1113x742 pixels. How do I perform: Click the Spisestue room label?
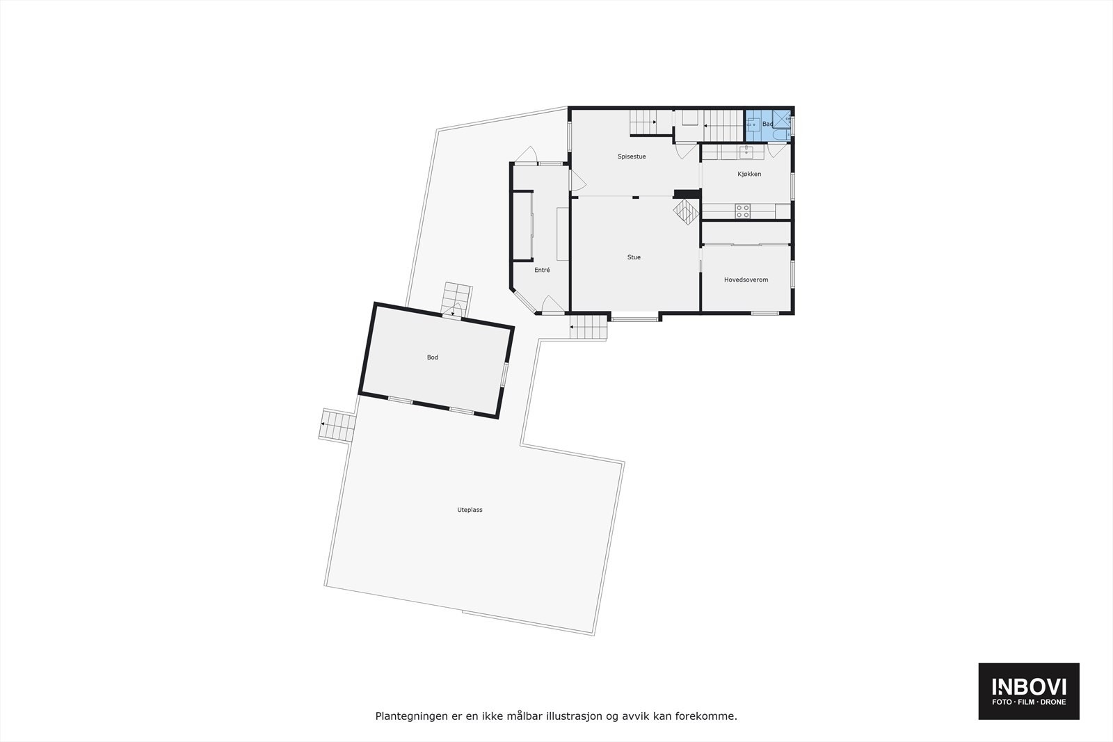click(632, 156)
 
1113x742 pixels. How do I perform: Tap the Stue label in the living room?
click(634, 257)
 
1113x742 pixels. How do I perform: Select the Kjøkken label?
click(749, 174)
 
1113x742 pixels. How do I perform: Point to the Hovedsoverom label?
click(746, 280)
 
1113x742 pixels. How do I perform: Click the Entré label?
click(542, 270)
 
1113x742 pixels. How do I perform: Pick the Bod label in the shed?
click(433, 357)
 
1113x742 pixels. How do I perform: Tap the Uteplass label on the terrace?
click(470, 510)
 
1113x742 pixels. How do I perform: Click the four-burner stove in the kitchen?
click(743, 211)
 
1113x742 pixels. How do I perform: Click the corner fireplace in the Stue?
click(685, 211)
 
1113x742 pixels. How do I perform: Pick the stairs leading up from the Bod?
click(457, 299)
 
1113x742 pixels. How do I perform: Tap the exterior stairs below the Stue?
click(588, 327)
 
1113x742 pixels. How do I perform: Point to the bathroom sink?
click(753, 126)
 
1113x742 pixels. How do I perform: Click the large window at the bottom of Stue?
click(634, 319)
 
